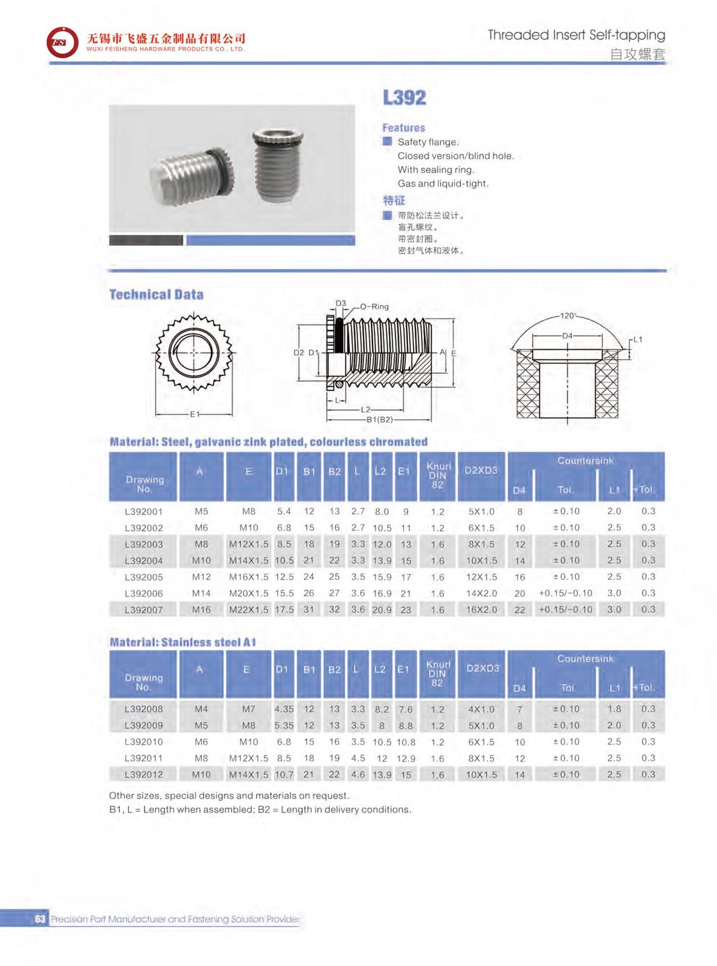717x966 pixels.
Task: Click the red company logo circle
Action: [x=62, y=42]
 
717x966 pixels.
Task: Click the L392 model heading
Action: [x=404, y=98]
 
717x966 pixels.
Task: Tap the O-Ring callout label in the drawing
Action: [x=374, y=306]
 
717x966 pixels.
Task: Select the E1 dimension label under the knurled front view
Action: [x=194, y=414]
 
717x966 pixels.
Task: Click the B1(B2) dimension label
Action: [x=379, y=419]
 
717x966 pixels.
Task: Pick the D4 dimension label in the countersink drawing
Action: [x=568, y=335]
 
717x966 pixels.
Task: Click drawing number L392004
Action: [x=144, y=560]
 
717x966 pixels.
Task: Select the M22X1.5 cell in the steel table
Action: [x=248, y=609]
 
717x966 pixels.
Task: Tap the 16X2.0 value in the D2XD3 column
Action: [x=482, y=609]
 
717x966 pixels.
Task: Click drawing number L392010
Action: [x=144, y=742]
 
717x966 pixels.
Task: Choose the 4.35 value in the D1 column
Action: [x=284, y=709]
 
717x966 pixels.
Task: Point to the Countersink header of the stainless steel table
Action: [x=585, y=659]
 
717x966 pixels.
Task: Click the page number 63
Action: [x=39, y=919]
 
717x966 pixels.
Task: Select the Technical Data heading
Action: [x=156, y=294]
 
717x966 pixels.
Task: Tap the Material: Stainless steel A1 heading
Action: [x=183, y=642]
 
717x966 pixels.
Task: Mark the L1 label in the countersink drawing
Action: [x=637, y=339]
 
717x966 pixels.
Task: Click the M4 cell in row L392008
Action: [x=201, y=709]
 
